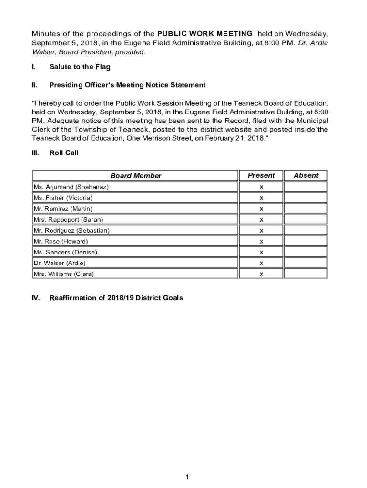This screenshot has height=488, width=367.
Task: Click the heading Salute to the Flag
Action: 80,67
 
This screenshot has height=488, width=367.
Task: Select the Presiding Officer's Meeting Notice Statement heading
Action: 127,85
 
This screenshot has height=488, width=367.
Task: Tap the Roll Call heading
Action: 63,153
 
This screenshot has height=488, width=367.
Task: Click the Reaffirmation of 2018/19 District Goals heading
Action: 116,298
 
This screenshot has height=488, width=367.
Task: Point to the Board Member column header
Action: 136,176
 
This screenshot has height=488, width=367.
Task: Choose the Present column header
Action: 261,175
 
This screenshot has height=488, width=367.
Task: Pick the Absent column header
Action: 306,175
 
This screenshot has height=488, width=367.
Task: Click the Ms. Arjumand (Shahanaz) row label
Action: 71,187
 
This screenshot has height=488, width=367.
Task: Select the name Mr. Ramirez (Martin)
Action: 63,209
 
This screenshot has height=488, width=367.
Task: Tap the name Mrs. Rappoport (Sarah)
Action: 68,220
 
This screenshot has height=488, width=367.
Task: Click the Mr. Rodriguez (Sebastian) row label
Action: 71,231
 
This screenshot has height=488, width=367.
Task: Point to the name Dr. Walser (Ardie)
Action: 60,263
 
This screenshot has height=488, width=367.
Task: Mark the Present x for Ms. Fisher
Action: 261,198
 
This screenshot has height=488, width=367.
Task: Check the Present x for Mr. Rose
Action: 261,242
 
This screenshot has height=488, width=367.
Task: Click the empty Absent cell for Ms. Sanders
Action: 306,252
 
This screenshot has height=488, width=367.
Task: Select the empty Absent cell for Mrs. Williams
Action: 306,274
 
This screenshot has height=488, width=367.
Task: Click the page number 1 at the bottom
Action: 188,477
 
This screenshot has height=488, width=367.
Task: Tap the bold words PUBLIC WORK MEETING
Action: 204,34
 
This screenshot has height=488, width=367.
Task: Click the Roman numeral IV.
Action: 36,298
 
